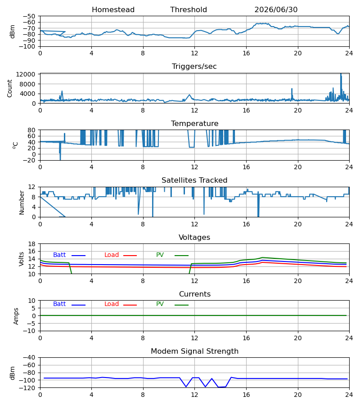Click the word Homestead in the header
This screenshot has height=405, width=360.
point(113,9)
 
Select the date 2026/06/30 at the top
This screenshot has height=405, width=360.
point(276,9)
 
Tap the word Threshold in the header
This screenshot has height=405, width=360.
point(189,9)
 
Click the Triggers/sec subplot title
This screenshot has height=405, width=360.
point(194,67)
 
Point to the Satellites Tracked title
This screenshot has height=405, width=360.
point(194,180)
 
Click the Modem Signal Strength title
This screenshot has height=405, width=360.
point(194,351)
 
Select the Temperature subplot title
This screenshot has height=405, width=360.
point(194,123)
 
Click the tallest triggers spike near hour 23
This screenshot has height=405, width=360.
point(341,74)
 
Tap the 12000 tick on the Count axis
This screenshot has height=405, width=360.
point(25,74)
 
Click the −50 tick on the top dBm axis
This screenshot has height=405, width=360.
point(29,16)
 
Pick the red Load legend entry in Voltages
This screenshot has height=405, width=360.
point(120,255)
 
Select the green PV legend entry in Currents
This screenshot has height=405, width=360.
point(172,304)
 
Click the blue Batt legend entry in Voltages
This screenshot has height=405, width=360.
point(69,255)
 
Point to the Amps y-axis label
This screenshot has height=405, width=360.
point(16,316)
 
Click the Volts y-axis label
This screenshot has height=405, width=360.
point(21,259)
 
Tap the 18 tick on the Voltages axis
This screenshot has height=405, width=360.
point(31,244)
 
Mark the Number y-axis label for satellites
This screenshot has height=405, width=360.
point(22,202)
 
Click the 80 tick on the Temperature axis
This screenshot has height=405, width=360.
point(31,130)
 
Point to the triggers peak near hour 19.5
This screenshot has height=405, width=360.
point(292,89)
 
